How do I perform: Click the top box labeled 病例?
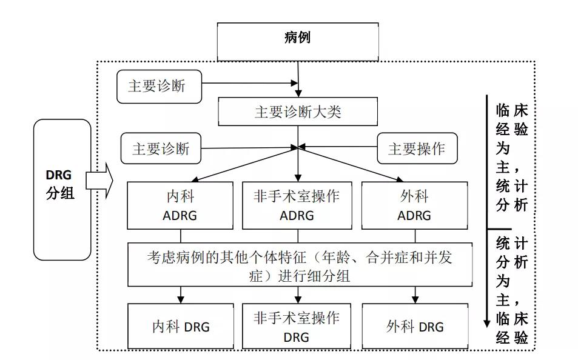[x=297, y=38]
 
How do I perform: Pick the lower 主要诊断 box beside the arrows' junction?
[x=161, y=148]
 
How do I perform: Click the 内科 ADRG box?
[x=179, y=205]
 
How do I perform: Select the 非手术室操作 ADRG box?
[x=297, y=205]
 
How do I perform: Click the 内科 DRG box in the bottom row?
[x=180, y=327]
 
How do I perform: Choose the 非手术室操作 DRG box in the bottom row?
[x=297, y=327]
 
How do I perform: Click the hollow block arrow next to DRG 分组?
[x=99, y=181]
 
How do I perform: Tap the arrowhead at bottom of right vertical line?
[x=487, y=322]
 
